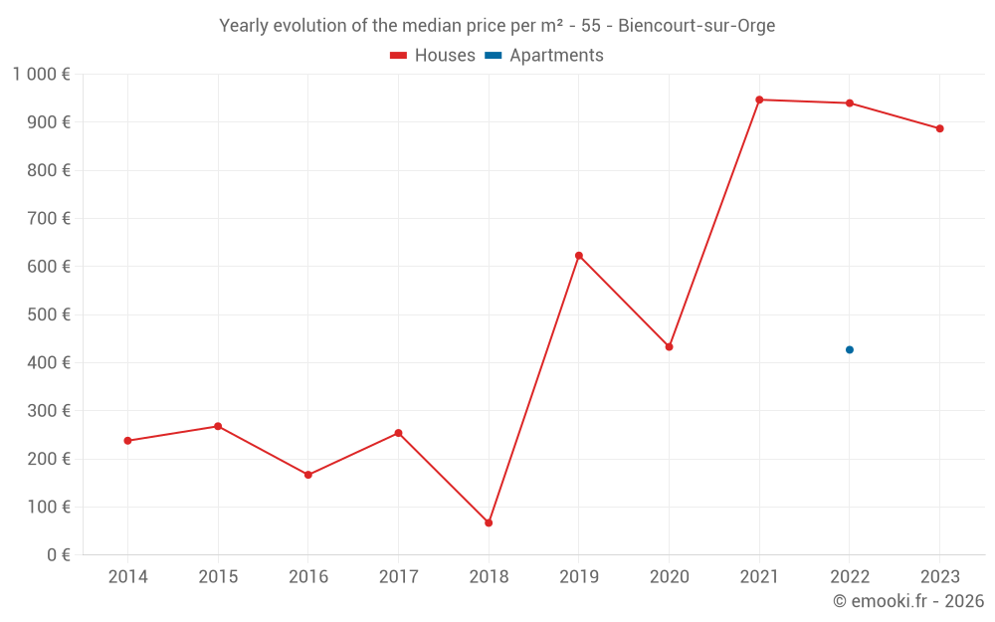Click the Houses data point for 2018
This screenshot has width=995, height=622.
[489, 522]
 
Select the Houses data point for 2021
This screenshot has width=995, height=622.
[759, 100]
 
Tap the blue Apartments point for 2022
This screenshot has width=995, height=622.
[850, 349]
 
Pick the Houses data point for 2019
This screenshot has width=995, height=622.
[579, 256]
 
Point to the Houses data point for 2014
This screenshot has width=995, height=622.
[127, 441]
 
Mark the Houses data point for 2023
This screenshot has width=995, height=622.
[939, 128]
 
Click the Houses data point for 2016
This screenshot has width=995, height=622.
[308, 475]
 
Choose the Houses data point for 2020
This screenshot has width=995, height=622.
[669, 346]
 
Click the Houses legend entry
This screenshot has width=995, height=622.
[433, 56]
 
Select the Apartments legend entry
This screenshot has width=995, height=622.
[545, 56]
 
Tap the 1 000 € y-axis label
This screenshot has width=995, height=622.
[42, 75]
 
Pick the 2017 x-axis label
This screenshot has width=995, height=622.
[398, 577]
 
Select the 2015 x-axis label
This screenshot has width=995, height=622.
[218, 577]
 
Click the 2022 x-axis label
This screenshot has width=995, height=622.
[850, 577]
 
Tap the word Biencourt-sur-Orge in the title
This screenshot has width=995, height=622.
[696, 26]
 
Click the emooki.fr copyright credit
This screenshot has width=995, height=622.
[908, 601]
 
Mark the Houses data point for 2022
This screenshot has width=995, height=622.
[850, 104]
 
